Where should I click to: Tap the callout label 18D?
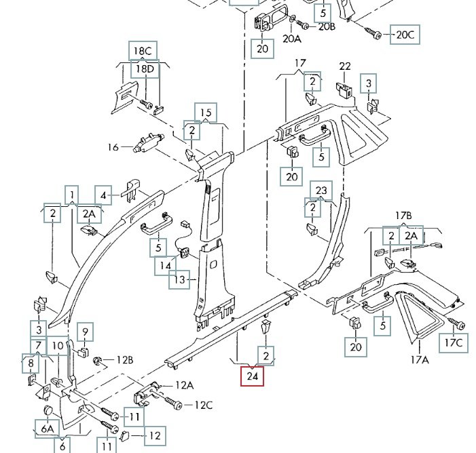[145, 68]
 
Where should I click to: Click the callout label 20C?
[405, 34]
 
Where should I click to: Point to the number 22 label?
[345, 66]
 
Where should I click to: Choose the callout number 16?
[113, 147]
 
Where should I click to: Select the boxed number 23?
[322, 191]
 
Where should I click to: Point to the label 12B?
[125, 359]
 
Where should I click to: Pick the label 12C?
[204, 406]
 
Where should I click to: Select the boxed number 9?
[85, 332]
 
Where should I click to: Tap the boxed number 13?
[180, 279]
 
